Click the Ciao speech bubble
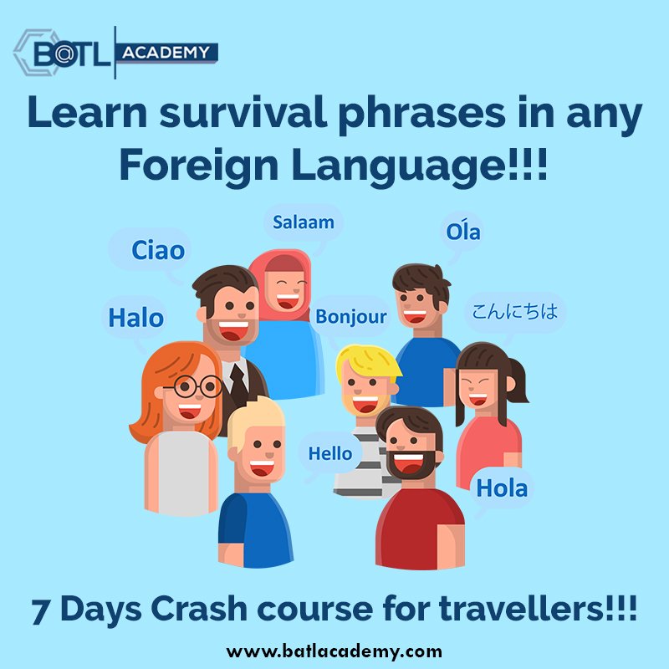(158, 250)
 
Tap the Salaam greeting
(303, 222)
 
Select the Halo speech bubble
(135, 318)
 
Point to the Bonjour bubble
(351, 317)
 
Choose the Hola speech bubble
(502, 488)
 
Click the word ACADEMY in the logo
(166, 53)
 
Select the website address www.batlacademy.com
(334, 650)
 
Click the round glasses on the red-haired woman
(192, 387)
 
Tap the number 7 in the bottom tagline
(43, 608)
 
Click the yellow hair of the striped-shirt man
(365, 360)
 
